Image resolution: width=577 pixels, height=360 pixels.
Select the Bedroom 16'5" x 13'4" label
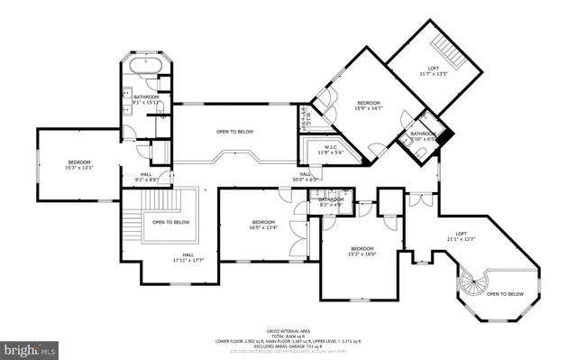coord(263,226)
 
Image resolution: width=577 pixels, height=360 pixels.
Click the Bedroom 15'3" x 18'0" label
coord(362,252)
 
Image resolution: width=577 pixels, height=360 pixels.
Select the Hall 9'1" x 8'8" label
coord(146,178)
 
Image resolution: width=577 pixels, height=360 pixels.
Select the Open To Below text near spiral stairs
coord(505,294)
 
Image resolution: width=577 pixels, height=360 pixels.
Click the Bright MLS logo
coord(30,347)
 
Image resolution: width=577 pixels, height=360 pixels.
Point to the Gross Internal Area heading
coord(288,331)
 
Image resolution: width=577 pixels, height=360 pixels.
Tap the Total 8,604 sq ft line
coord(288,337)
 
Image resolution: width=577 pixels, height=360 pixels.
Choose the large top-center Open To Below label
coord(234,133)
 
